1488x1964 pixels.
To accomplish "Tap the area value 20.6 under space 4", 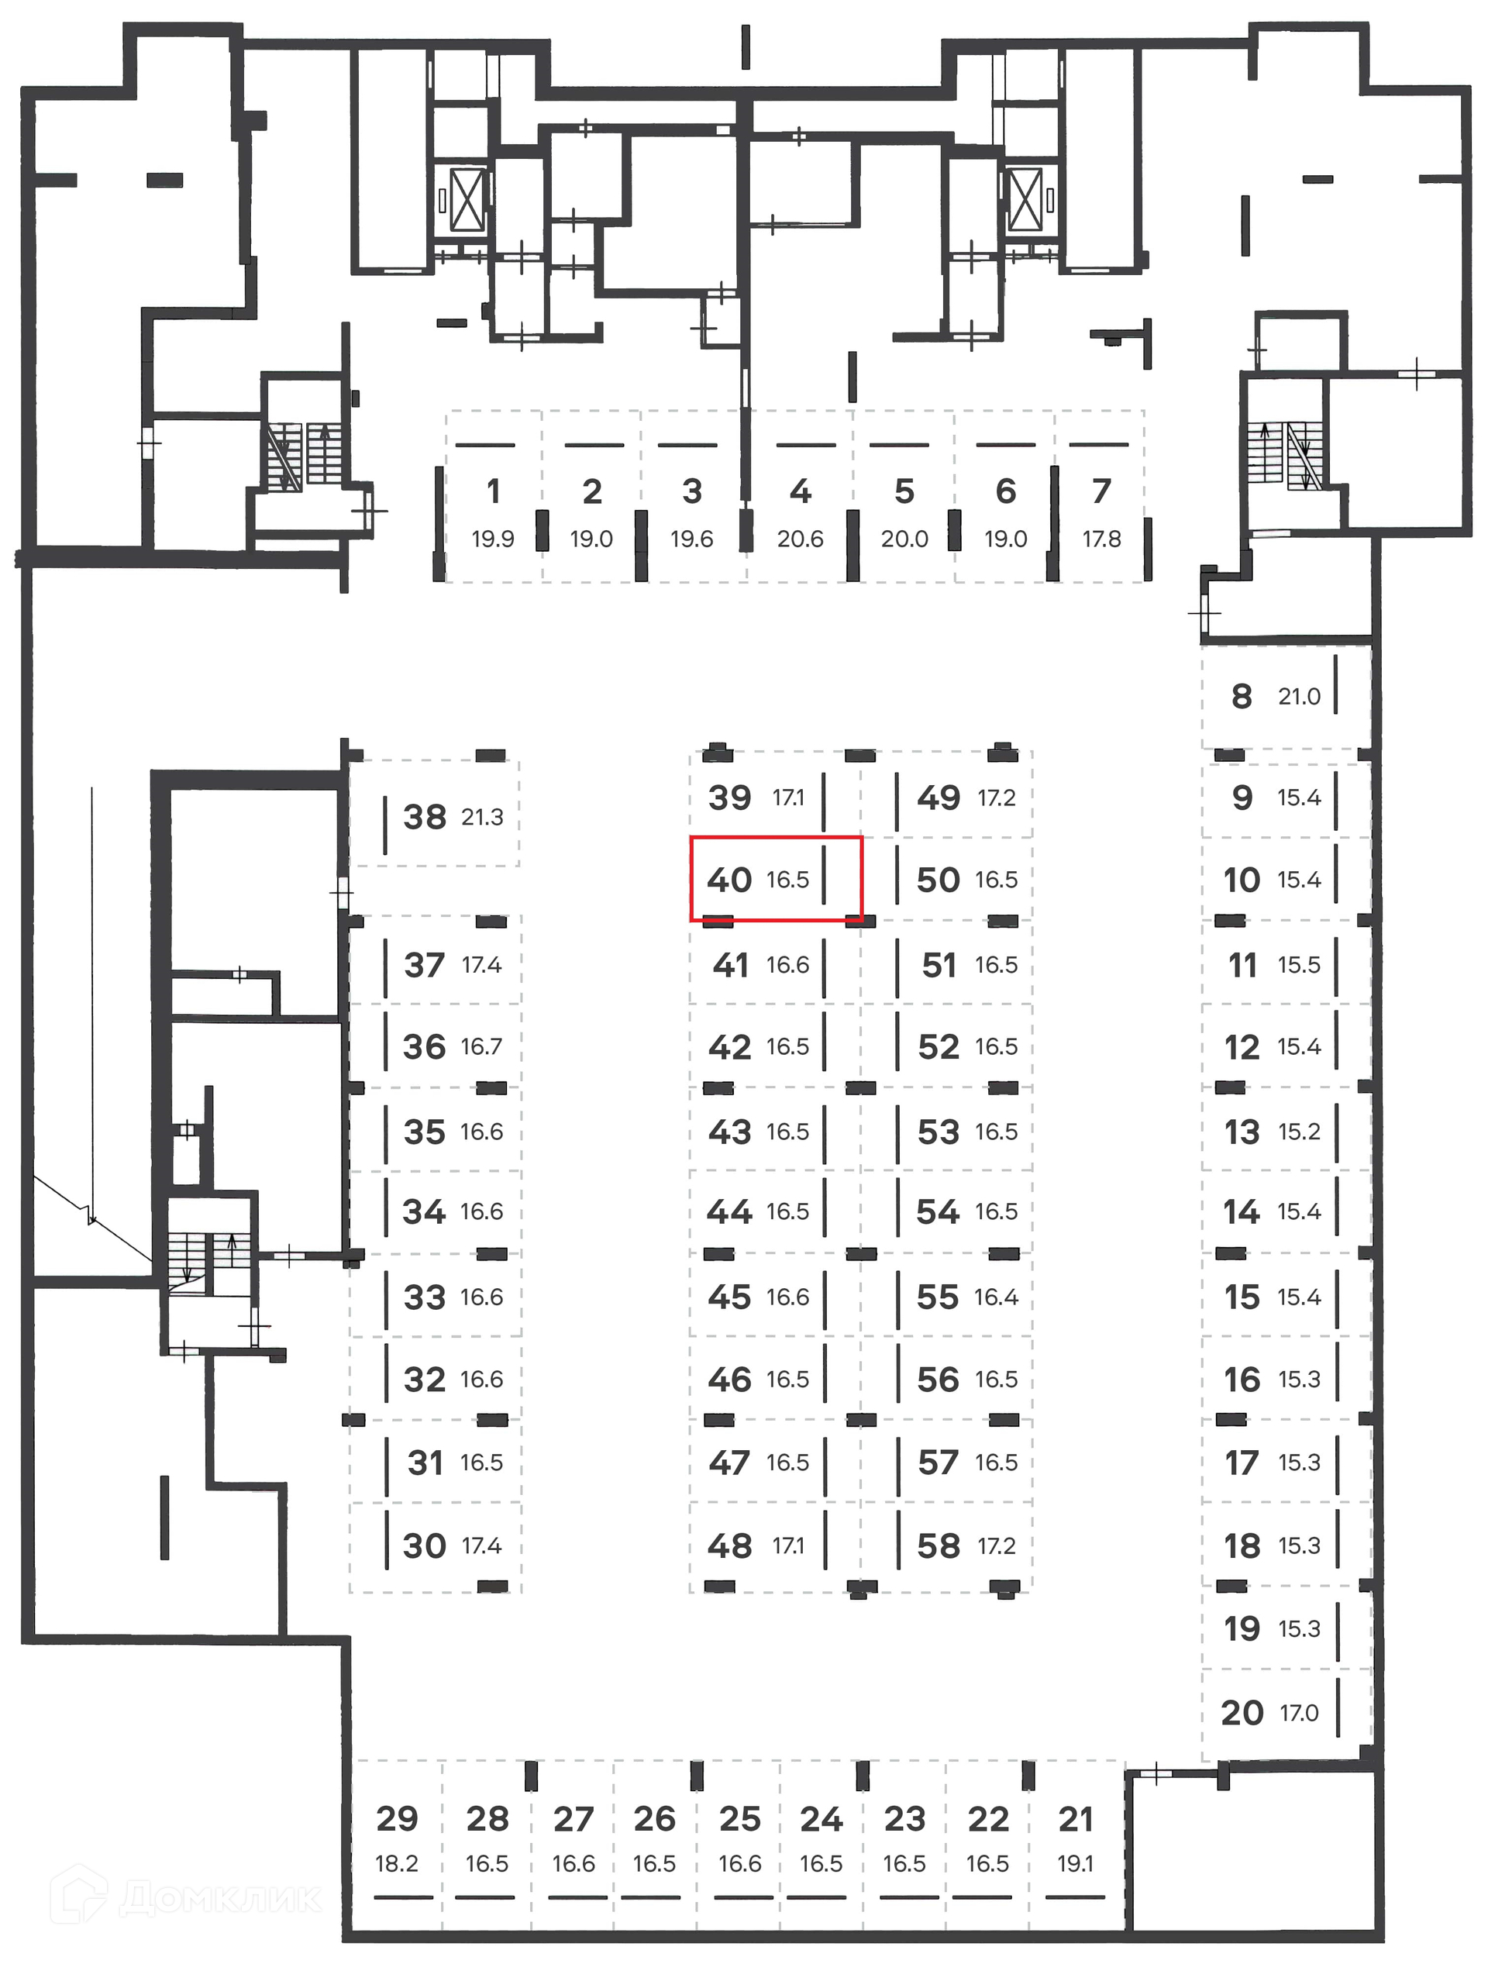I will click(800, 539).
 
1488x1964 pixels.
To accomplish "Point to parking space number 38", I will click(425, 817).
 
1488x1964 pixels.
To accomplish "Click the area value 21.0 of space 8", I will click(1299, 697).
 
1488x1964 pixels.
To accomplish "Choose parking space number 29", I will click(397, 1818).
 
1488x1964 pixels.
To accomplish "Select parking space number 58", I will click(939, 1545).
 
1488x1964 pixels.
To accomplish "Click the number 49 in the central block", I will click(939, 798).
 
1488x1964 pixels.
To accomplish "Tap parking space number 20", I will click(1242, 1712).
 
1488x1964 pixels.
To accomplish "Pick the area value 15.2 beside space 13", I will click(1299, 1131).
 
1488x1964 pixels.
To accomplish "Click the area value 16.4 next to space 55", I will click(996, 1297).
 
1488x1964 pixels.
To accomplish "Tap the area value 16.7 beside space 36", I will click(481, 1047).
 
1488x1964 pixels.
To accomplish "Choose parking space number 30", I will click(425, 1545).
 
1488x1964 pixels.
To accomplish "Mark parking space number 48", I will click(730, 1545).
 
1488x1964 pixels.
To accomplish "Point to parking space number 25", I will click(739, 1818).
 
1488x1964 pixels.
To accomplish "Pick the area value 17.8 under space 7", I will click(1102, 539).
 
